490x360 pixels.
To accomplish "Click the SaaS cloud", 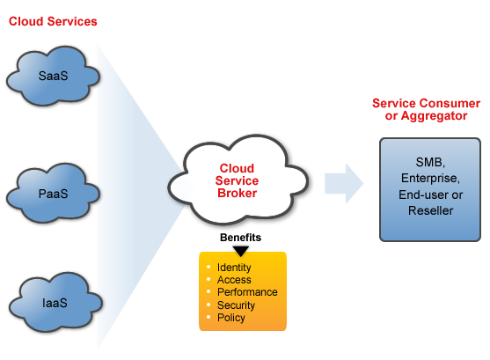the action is pyautogui.click(x=53, y=76).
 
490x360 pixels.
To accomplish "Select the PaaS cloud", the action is pyautogui.click(x=53, y=193).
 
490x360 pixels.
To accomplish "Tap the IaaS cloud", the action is pyautogui.click(x=55, y=302).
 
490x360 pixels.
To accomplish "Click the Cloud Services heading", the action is pyautogui.click(x=53, y=21).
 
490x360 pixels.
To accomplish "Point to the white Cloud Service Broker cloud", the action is pyautogui.click(x=238, y=180).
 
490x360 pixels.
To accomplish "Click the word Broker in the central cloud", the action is pyautogui.click(x=238, y=193).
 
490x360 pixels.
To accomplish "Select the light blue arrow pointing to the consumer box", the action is pyautogui.click(x=344, y=184).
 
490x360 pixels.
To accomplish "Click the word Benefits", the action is pyautogui.click(x=240, y=238).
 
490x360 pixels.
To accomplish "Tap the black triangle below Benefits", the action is pyautogui.click(x=241, y=251).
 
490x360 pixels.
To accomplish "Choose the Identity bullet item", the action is pyautogui.click(x=234, y=268).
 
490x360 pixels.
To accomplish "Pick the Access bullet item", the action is pyautogui.click(x=234, y=280).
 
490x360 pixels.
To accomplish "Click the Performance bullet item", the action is pyautogui.click(x=247, y=292).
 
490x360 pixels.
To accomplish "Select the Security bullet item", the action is pyautogui.click(x=236, y=305).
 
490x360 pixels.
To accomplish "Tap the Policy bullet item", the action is pyautogui.click(x=231, y=318).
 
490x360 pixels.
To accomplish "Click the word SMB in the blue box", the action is pyautogui.click(x=428, y=162).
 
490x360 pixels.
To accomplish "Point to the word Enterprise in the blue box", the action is pyautogui.click(x=430, y=178).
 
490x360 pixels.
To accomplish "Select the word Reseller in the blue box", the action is pyautogui.click(x=431, y=210).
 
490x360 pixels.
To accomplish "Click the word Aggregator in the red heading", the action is pyautogui.click(x=434, y=116).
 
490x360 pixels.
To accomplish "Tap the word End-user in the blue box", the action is pyautogui.click(x=420, y=195).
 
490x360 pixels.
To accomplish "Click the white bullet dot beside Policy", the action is pyautogui.click(x=208, y=317).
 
